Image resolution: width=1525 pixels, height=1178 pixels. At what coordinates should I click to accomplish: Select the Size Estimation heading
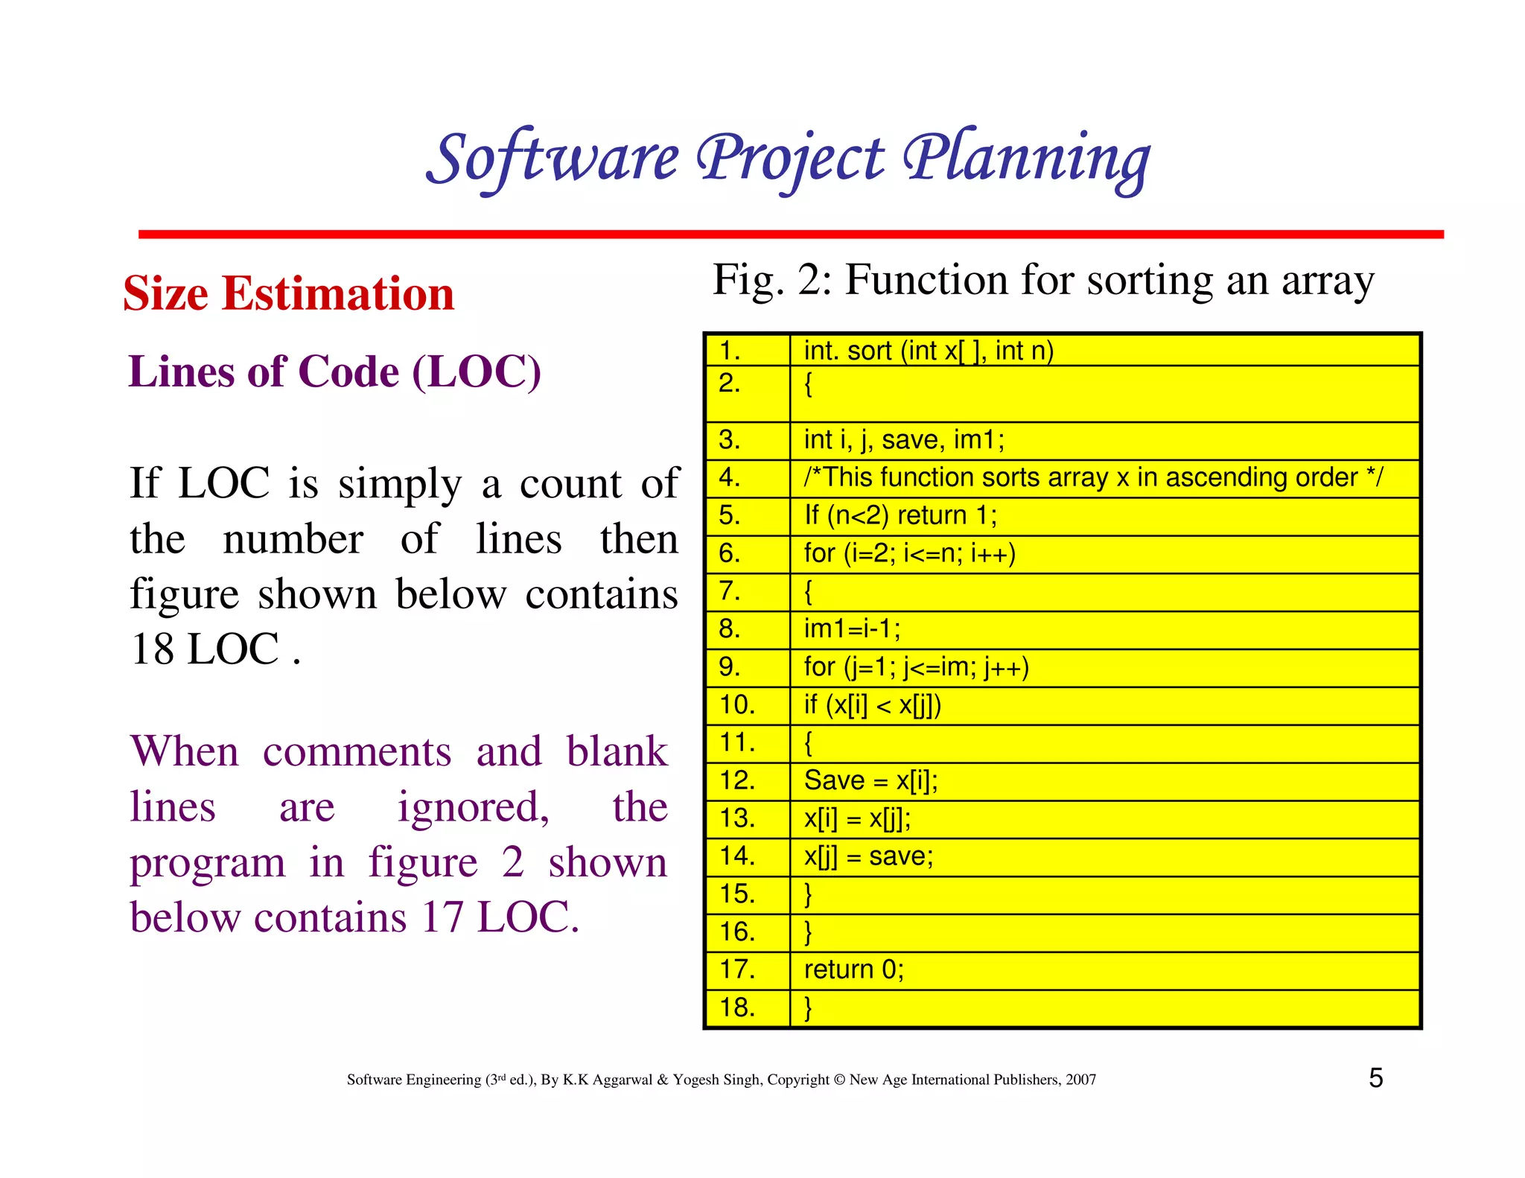289,293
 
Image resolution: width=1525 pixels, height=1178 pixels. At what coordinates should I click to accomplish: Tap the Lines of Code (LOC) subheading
334,372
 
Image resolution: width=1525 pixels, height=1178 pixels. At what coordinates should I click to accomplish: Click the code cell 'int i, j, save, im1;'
904,440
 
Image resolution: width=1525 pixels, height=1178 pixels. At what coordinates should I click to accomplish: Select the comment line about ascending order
1092,478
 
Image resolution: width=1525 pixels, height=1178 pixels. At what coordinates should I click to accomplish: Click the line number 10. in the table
737,704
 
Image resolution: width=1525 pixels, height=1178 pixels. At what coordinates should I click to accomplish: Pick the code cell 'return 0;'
853,970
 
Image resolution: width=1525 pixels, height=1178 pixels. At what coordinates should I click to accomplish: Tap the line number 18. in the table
737,1007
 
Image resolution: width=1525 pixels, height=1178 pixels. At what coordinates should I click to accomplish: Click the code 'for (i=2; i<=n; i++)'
909,554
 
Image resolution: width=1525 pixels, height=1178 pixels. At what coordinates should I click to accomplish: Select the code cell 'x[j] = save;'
868,856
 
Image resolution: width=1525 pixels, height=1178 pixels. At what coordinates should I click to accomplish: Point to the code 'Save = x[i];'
870,780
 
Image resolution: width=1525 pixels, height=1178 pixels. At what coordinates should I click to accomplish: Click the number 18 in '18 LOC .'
153,649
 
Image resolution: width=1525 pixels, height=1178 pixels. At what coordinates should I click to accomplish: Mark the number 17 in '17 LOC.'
444,917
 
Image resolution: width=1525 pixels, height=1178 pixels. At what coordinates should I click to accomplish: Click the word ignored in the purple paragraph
473,809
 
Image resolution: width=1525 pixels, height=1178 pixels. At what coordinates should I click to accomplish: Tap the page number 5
1375,1078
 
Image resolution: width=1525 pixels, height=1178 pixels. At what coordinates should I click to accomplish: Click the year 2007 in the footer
1080,1080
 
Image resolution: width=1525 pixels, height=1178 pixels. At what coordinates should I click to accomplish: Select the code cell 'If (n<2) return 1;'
900,515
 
